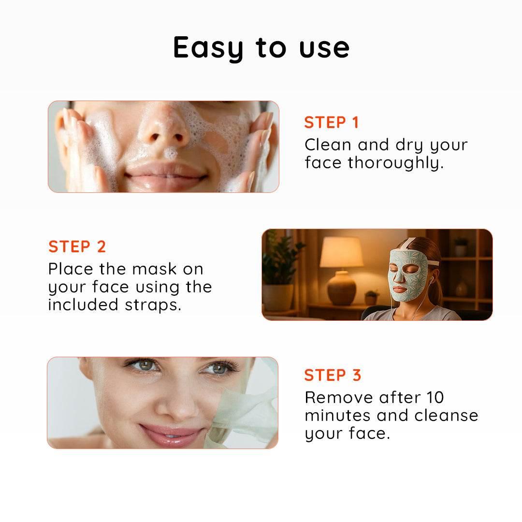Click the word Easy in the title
point(208,48)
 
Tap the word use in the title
point(324,49)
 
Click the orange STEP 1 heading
point(332,122)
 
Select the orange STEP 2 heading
point(77,246)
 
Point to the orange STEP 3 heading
point(333,375)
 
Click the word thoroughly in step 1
point(396,163)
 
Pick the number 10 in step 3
point(435,397)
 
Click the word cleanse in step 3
point(446,416)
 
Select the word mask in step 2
point(155,269)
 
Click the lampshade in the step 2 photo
point(342,252)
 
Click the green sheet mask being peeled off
point(243,413)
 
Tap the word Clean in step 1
point(328,145)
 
